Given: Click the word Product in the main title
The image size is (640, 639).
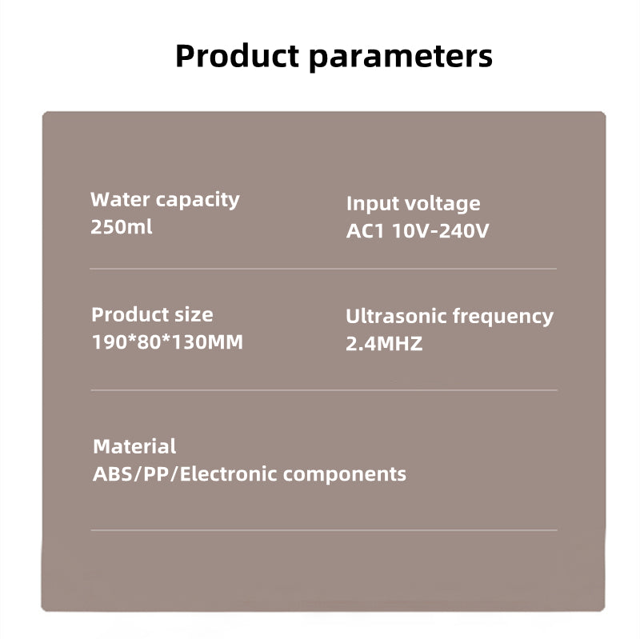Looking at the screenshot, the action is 238,55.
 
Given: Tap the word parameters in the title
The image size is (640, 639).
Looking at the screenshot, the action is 401,57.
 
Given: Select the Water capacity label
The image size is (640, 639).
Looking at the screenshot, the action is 165,201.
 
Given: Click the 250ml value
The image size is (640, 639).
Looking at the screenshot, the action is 122,227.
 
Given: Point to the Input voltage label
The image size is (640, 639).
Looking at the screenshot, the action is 413,204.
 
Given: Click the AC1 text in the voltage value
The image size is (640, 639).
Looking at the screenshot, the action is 366,231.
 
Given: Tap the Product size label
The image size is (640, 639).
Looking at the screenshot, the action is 152,314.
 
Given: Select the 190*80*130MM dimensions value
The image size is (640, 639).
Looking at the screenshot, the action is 167,342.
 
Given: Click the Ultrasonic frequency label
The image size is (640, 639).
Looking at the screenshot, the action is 450,317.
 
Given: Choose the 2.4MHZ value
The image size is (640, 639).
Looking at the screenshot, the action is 384,344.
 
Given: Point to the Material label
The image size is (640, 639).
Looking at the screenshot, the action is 134,446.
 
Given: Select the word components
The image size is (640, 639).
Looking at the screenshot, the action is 345,475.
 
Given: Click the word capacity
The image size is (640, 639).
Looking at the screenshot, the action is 198,201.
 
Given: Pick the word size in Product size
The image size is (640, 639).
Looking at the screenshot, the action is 194,314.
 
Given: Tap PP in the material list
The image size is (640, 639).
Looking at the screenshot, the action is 156,474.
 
